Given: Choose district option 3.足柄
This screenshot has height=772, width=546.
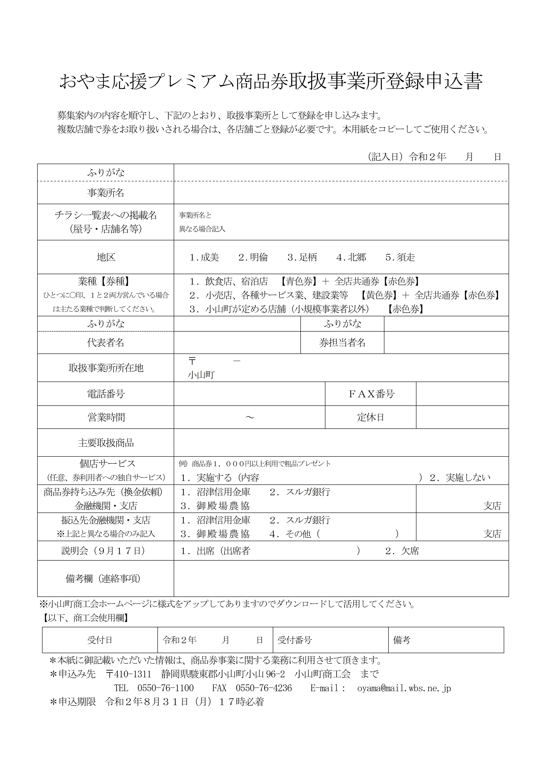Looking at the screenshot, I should coord(302,258).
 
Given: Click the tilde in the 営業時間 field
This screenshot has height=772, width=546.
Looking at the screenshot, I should coord(250,418).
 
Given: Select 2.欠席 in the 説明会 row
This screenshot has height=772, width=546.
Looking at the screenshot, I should coord(402,551).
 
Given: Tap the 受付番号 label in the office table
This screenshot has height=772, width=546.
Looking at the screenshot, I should coord(295,640).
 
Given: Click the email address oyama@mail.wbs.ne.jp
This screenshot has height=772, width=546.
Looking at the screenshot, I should coord(404,688).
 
